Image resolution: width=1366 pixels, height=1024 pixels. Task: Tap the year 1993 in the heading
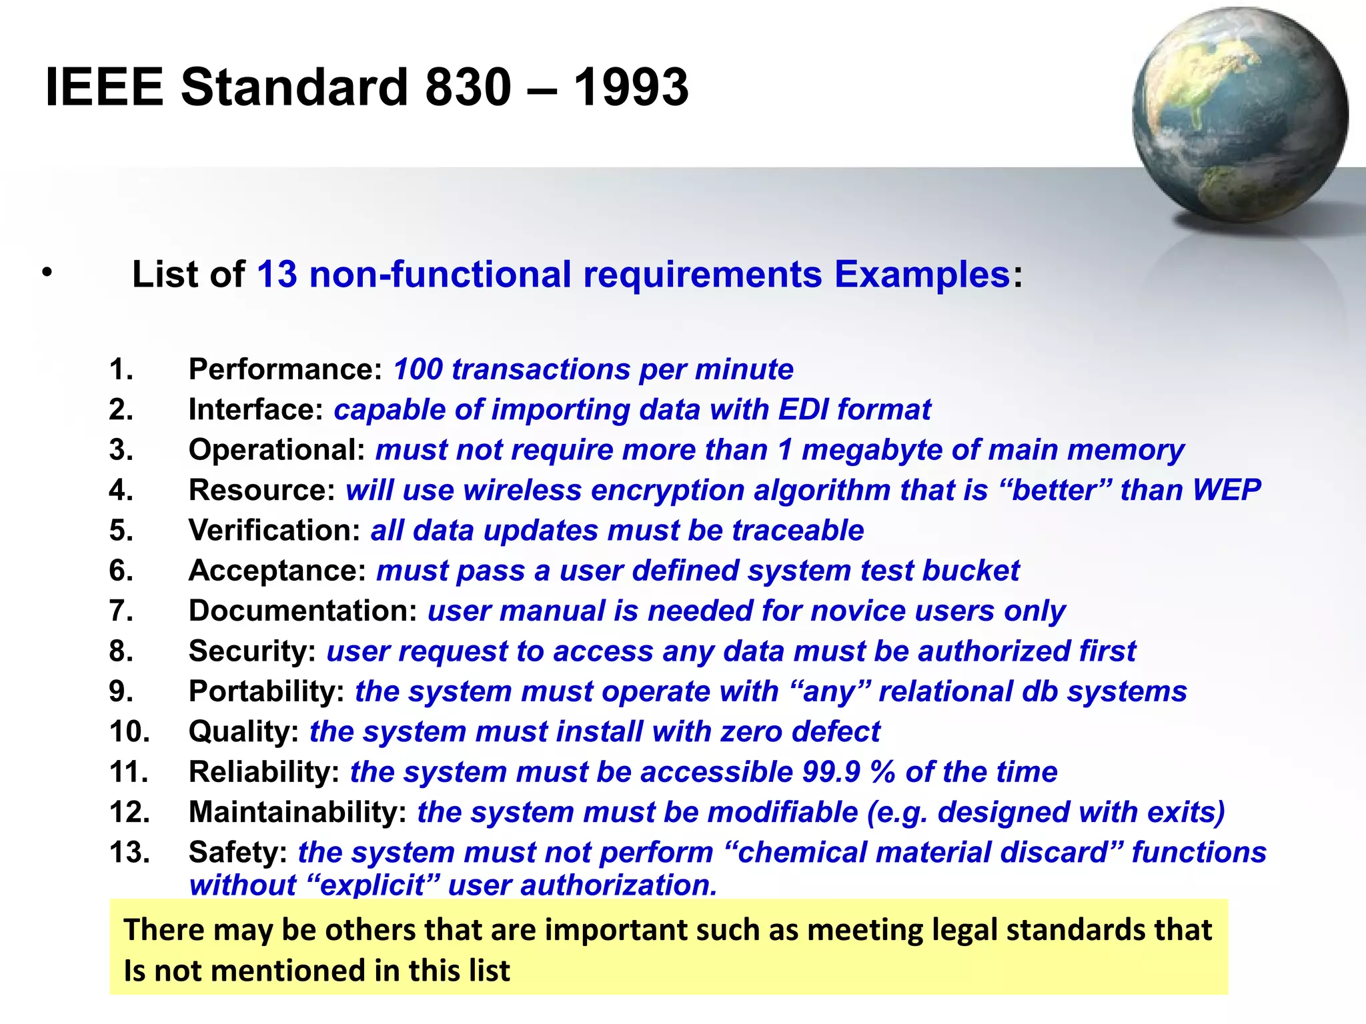click(631, 87)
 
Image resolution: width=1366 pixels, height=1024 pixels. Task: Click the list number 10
click(129, 732)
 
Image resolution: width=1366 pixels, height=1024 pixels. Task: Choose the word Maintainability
click(297, 813)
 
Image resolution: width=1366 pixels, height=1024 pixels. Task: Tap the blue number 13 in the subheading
click(277, 275)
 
